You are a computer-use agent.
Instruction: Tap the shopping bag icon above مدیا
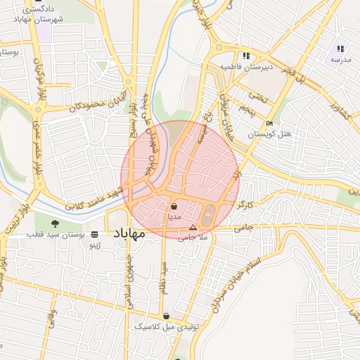click(x=174, y=207)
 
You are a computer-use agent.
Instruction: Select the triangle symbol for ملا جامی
click(x=193, y=227)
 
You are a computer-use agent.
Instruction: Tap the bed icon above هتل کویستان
click(x=270, y=124)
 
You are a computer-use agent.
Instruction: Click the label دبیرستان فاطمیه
click(x=246, y=67)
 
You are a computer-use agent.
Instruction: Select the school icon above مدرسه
click(x=340, y=49)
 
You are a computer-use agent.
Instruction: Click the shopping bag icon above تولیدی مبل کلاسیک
click(x=166, y=316)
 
